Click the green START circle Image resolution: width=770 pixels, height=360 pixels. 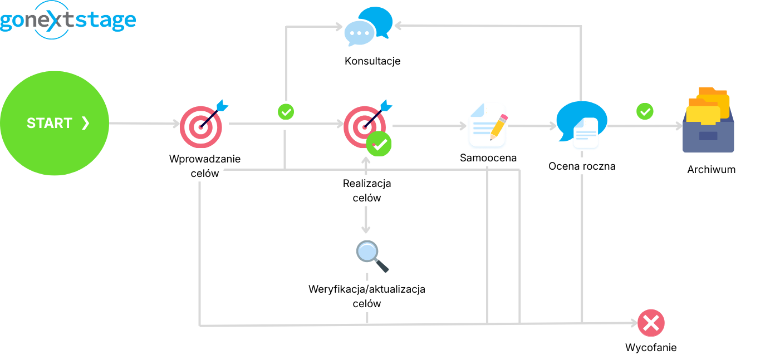(55, 122)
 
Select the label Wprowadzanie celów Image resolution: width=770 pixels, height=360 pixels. (205, 166)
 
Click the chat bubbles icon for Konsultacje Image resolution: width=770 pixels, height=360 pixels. (368, 27)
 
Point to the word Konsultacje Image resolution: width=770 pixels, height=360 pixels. (372, 61)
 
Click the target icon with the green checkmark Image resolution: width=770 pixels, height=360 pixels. (367, 128)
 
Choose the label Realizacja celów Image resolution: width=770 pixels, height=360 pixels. (367, 190)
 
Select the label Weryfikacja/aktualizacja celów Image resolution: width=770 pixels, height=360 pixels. (367, 296)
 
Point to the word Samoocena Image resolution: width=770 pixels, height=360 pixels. (488, 158)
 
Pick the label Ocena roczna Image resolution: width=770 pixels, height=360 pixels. (582, 166)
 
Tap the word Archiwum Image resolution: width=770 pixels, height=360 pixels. (711, 170)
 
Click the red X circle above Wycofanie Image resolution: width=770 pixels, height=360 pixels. (651, 323)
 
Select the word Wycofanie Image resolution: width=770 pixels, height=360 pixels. (651, 348)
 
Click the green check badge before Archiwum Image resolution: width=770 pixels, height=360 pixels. (645, 111)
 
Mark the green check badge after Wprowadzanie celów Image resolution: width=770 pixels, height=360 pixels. (286, 111)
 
